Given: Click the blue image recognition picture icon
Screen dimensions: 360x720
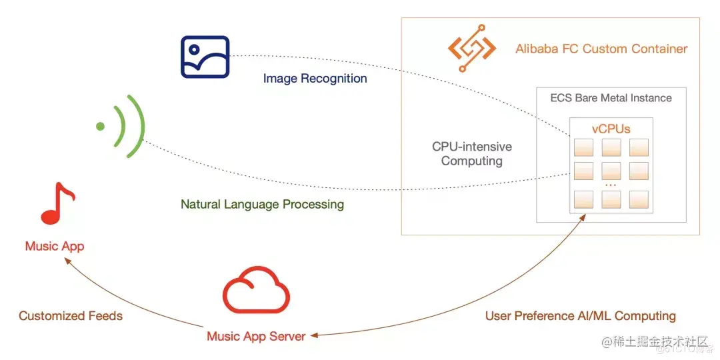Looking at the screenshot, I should point(205,57).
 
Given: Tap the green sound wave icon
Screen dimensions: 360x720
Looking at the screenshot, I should point(124,126).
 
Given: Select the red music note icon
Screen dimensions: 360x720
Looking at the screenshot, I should point(57,203).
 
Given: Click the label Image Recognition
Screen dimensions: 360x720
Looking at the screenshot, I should point(315,79).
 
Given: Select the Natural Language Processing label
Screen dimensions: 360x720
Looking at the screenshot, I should point(262,204).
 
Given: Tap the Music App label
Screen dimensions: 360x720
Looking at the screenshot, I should point(55,247).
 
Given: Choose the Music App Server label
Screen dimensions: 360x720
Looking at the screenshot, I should point(256,336).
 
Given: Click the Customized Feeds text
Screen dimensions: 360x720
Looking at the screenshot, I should point(71,315).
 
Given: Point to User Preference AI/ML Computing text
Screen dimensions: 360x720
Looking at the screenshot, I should point(580,315).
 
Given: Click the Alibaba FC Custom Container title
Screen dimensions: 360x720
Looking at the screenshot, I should point(601,49).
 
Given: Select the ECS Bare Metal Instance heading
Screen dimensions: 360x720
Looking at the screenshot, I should point(611,98).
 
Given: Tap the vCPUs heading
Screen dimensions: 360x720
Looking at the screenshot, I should point(611,129).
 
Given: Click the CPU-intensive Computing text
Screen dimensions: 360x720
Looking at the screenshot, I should point(471,154).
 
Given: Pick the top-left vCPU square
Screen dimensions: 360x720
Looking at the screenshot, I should point(583,147).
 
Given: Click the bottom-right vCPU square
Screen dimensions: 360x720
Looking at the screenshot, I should point(638,199).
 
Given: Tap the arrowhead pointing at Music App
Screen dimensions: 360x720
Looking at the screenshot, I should point(67,262).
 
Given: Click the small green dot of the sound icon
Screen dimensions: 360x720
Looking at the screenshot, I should point(100,126).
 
